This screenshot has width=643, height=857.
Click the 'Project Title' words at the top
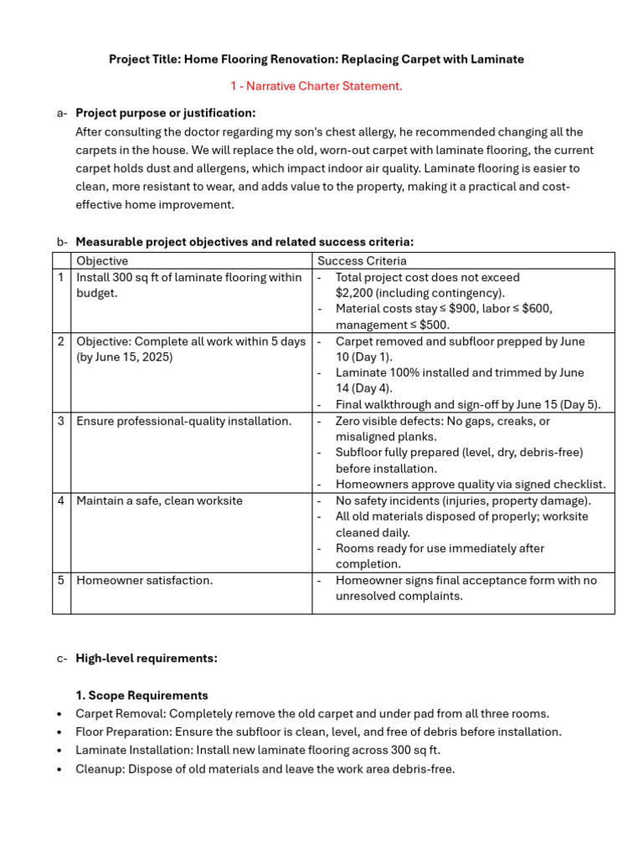click(x=144, y=59)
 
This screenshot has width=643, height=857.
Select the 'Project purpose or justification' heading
click(x=166, y=113)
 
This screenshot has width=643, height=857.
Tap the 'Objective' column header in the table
click(x=102, y=261)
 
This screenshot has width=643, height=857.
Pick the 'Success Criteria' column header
click(x=362, y=261)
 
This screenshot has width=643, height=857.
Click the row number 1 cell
click(x=61, y=277)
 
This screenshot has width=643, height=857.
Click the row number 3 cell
click(x=61, y=421)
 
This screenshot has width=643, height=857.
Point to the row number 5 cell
click(x=61, y=580)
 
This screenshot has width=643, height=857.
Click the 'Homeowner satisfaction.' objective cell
click(x=144, y=580)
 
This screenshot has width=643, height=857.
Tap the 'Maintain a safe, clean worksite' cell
click(x=159, y=500)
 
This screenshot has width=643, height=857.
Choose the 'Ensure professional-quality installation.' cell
click(x=184, y=421)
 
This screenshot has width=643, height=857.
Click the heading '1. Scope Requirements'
click(x=141, y=695)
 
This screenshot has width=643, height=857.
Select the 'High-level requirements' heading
click(x=147, y=659)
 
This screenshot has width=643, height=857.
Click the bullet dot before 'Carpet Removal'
click(x=59, y=715)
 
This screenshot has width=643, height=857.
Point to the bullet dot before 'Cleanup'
click(x=59, y=770)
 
